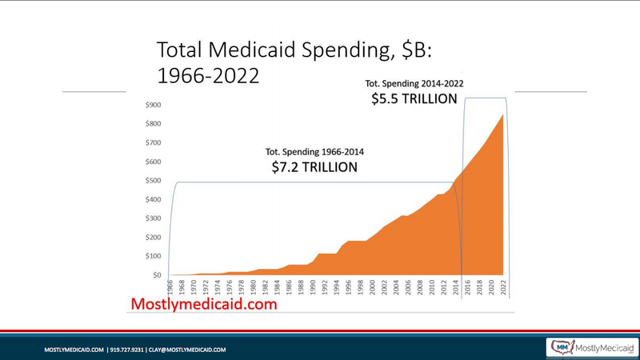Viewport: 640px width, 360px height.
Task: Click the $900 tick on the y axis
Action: click(x=152, y=105)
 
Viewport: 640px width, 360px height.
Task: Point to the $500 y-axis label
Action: click(x=152, y=181)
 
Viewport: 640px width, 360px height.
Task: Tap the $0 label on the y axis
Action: click(x=156, y=275)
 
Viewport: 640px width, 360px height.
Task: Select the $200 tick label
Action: click(x=152, y=238)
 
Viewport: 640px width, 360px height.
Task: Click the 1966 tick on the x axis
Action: click(x=170, y=287)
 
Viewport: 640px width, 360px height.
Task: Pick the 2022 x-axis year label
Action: click(x=503, y=287)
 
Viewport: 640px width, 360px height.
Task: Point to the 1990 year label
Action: click(x=313, y=287)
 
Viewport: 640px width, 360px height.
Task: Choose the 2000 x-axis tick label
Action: click(x=372, y=287)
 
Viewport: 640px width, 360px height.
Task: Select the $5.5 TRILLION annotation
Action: click(x=414, y=99)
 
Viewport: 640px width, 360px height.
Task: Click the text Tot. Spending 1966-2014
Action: click(x=314, y=151)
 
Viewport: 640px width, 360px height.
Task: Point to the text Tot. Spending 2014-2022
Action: click(x=414, y=83)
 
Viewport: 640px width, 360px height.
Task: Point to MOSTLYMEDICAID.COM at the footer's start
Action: click(x=74, y=350)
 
